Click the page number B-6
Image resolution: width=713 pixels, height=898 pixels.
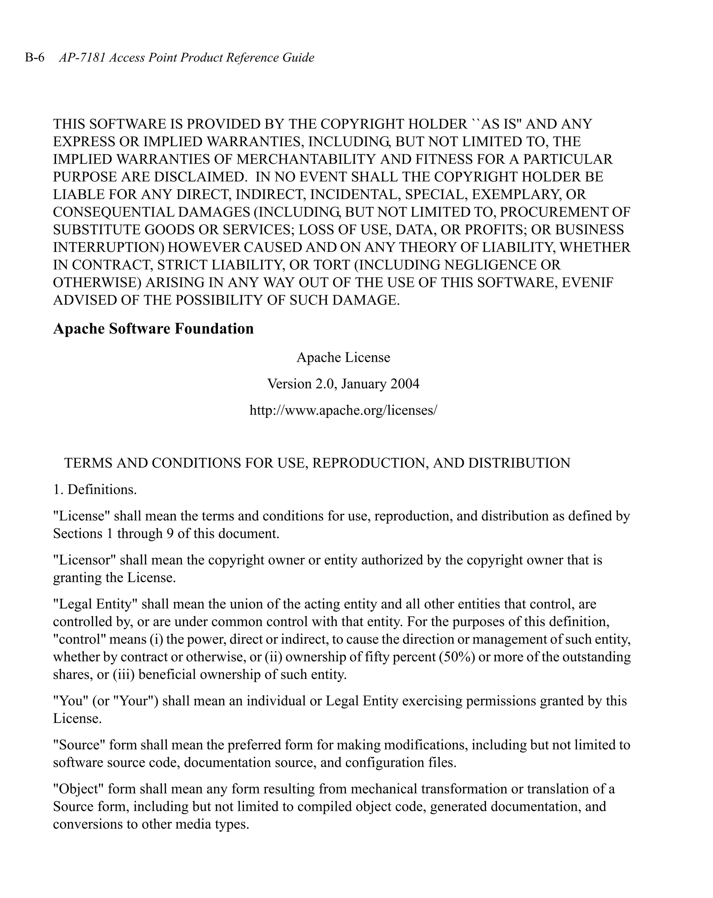pyautogui.click(x=34, y=57)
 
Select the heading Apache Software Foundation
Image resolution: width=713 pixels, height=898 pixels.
pyautogui.click(x=153, y=329)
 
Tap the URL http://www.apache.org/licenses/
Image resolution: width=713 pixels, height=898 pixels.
pyautogui.click(x=343, y=410)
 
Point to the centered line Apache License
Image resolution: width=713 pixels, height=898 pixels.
pyautogui.click(x=343, y=357)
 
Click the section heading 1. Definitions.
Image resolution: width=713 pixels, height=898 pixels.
pyautogui.click(x=95, y=490)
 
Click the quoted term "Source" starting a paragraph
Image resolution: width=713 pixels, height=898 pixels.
pyautogui.click(x=79, y=745)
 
